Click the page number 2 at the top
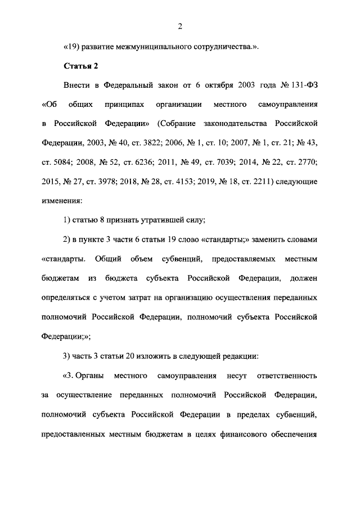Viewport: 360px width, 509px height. pyautogui.click(x=180, y=26)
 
